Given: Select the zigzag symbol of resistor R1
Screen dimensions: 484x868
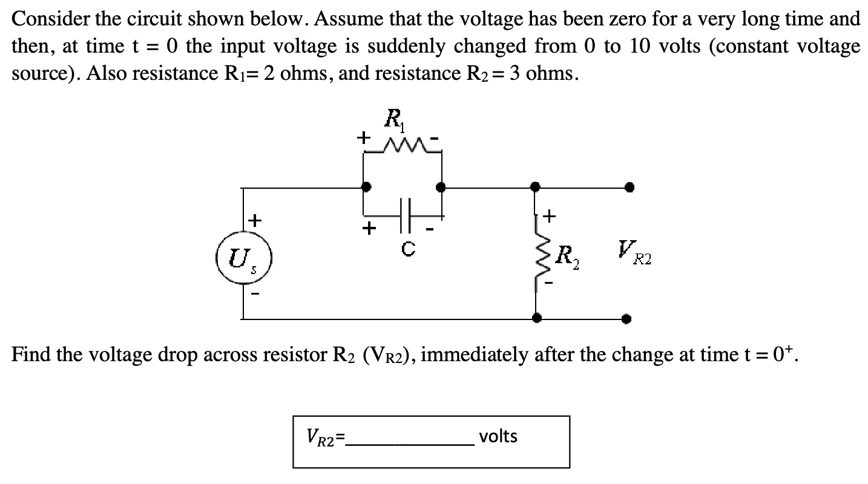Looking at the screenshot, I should (x=403, y=147).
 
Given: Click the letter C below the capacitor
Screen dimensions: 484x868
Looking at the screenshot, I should (x=408, y=248).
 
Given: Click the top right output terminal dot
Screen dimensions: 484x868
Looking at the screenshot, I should (x=630, y=188).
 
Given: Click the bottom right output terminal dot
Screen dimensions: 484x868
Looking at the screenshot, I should (x=630, y=318).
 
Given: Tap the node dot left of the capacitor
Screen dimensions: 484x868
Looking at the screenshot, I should (x=366, y=188).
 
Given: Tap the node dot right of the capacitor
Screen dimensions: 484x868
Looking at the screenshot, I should (x=442, y=188).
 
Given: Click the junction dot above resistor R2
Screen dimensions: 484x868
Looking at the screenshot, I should (x=535, y=188).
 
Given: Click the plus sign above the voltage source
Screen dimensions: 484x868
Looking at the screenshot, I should (x=255, y=220).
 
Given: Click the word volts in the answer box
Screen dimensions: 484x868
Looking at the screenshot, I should (x=498, y=436).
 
